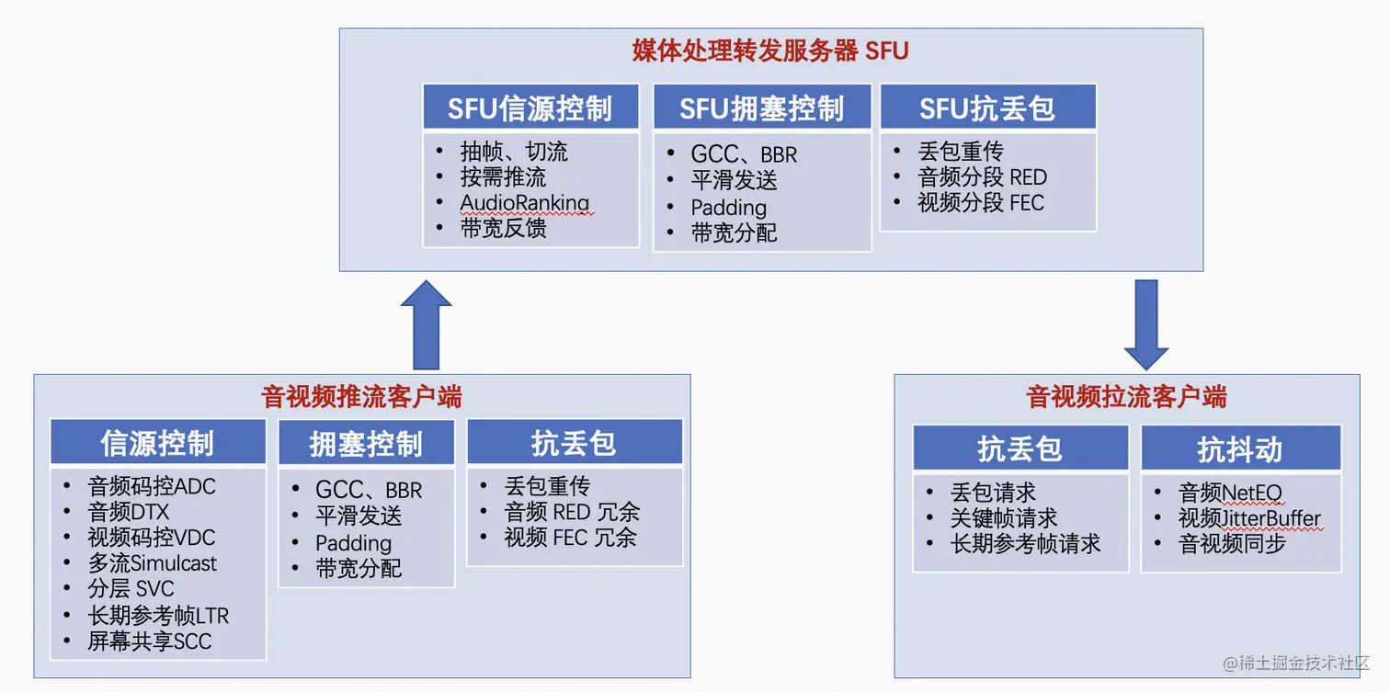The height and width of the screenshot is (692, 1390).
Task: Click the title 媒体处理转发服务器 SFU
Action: [770, 51]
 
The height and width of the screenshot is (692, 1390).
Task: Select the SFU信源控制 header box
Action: [530, 108]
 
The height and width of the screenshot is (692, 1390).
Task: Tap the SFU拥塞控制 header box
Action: [761, 108]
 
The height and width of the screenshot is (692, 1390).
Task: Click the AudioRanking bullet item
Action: [525, 203]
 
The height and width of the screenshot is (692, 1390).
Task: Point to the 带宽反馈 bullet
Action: [504, 229]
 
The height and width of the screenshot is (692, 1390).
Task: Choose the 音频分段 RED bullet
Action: [982, 177]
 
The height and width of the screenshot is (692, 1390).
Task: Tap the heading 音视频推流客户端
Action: [362, 397]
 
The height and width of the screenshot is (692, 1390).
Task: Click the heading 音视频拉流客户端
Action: [1126, 397]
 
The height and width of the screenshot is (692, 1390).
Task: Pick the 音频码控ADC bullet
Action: [152, 486]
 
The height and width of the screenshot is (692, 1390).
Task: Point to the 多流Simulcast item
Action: [153, 563]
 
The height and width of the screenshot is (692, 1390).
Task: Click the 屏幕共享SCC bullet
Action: [150, 641]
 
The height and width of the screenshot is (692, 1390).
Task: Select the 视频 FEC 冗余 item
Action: [571, 538]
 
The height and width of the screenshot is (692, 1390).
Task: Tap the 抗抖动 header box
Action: [1240, 449]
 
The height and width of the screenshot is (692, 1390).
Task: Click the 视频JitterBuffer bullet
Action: [1249, 518]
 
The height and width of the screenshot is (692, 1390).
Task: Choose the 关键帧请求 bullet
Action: [1004, 518]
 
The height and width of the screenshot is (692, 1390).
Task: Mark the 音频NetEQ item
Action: [1230, 493]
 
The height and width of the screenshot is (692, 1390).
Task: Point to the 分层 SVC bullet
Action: [131, 589]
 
